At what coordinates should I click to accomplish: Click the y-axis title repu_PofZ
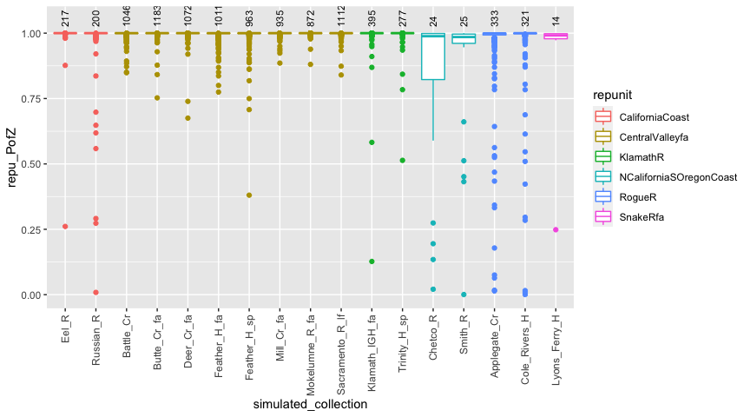click(x=13, y=156)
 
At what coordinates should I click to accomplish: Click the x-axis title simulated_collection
click(x=311, y=404)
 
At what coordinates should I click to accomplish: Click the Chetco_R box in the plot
click(x=432, y=56)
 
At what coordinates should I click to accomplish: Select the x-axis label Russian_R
click(x=95, y=339)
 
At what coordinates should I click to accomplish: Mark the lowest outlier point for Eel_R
click(x=65, y=227)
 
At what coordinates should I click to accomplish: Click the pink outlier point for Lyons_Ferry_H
click(x=556, y=229)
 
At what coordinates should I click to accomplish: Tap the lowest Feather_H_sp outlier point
click(x=249, y=195)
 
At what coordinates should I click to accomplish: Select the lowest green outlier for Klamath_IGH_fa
click(x=372, y=261)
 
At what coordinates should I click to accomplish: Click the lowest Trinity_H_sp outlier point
click(x=402, y=160)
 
